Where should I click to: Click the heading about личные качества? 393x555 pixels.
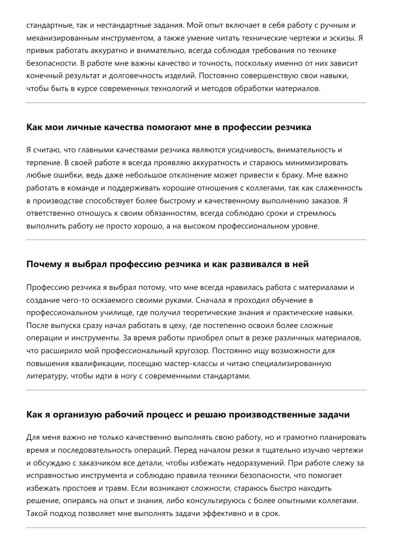pos(168,127)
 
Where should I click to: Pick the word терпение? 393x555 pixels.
pos(43,163)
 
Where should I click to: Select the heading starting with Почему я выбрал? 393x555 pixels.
pos(167,264)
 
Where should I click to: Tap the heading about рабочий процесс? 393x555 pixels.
pos(188,414)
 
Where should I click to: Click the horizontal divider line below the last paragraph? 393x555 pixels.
pos(196,527)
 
